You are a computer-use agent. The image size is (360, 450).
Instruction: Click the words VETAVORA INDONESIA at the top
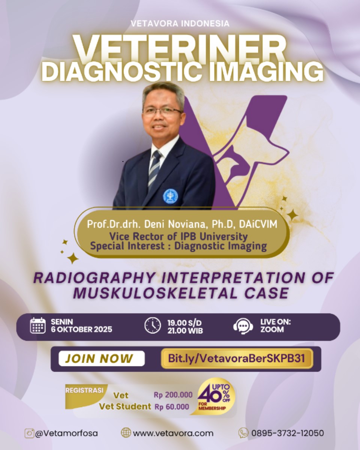[x=180, y=23]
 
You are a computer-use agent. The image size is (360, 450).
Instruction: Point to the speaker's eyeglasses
[x=163, y=113]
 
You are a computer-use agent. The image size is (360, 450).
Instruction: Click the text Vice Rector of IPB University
[x=178, y=237]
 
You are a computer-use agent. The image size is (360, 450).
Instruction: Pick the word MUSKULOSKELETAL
[x=155, y=293]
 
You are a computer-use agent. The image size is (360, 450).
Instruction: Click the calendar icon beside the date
[x=38, y=326]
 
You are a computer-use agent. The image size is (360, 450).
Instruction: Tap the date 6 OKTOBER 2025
[x=82, y=330]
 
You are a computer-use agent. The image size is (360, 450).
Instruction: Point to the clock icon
[x=153, y=326]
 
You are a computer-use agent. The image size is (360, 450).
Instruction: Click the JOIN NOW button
[x=102, y=358]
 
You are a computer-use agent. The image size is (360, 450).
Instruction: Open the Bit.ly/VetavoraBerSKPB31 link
[x=237, y=358]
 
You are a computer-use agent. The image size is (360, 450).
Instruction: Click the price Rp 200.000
[x=173, y=395]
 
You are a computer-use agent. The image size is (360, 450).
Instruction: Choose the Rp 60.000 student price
[x=172, y=407]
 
